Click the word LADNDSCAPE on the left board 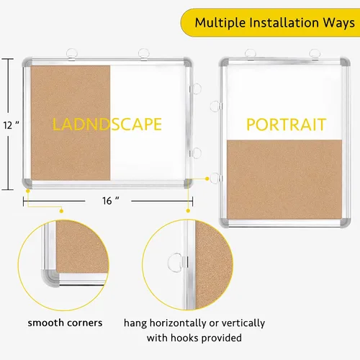(107, 124)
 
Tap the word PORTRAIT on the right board (287, 125)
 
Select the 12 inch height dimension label (11, 125)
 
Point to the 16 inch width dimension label (110, 201)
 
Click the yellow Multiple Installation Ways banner (270, 22)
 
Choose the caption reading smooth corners (65, 323)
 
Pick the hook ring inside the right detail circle (175, 262)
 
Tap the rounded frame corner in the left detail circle (50, 279)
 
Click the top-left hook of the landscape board (72, 54)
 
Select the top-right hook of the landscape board (144, 54)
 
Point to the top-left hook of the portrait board (251, 54)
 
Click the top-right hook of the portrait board (315, 54)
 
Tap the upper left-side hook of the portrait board (215, 107)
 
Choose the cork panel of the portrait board (284, 179)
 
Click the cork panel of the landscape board (71, 122)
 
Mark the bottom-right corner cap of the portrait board (346, 222)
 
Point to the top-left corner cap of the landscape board (27, 63)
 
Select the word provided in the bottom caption (222, 338)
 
